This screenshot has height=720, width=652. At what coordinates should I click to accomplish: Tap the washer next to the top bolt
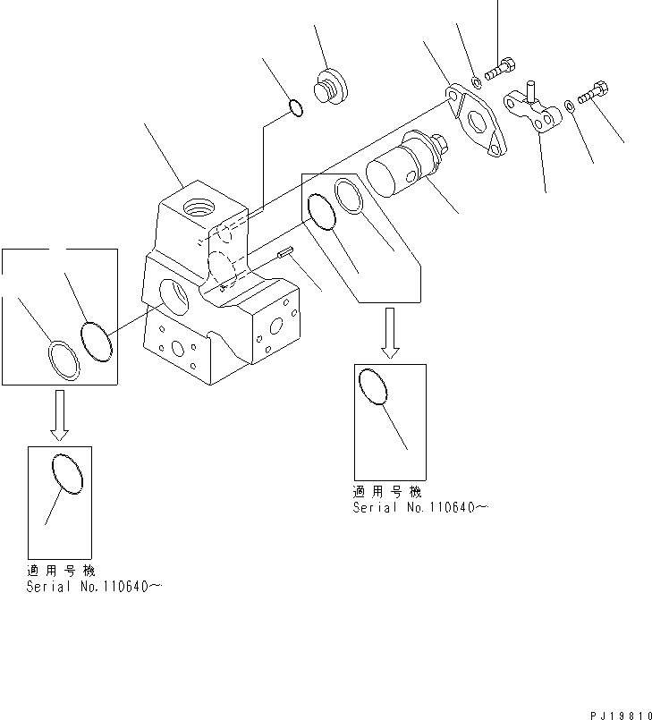pos(476,83)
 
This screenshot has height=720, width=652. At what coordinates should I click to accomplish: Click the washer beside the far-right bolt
pos(571,108)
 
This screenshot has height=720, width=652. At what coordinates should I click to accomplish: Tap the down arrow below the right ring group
pos(389,333)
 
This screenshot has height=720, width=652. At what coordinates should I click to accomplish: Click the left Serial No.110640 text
pos(94,587)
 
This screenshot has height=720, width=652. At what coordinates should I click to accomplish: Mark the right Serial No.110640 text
pos(420,508)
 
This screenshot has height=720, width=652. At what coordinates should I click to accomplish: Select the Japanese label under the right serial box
pos(386,492)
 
